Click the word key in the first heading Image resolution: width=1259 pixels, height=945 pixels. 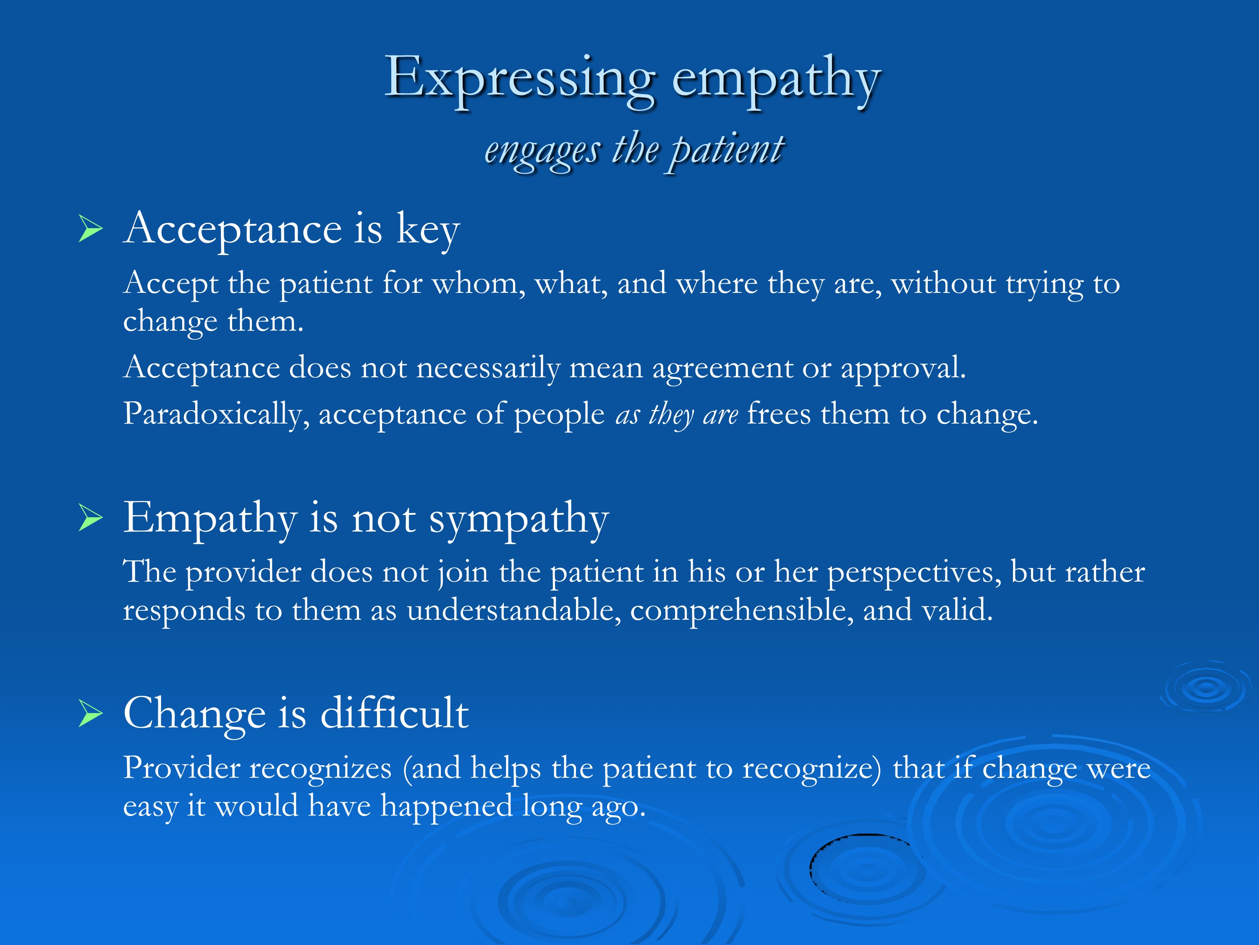coord(428,231)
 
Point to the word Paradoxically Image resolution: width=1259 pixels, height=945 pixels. coord(216,414)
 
